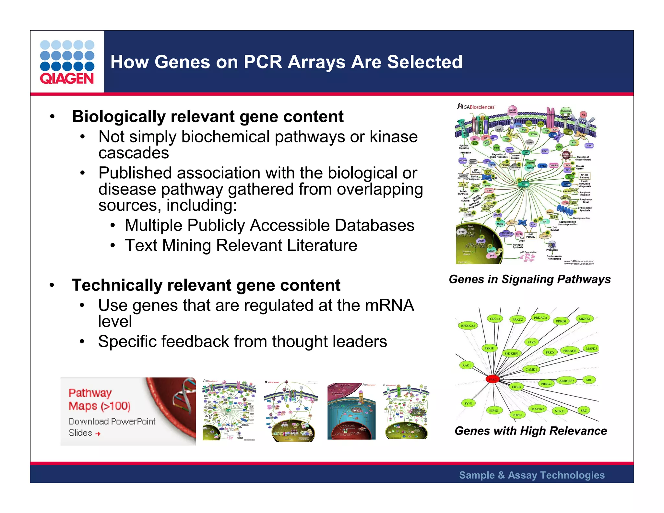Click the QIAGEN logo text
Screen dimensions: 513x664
point(67,78)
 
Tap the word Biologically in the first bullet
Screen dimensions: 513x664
point(119,117)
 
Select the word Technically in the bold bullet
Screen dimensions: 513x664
point(117,285)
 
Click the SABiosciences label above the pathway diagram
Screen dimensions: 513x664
point(479,107)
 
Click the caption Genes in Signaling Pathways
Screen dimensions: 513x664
point(529,279)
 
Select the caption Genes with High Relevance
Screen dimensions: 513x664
point(531,431)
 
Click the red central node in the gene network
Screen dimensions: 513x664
point(492,379)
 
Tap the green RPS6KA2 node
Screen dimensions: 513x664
point(468,326)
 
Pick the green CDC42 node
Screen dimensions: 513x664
point(495,319)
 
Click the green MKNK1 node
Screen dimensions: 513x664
point(585,319)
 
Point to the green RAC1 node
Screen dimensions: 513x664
point(466,365)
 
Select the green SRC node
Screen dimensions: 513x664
point(584,411)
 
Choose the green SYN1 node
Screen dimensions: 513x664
point(468,403)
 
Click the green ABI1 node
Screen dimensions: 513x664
point(589,380)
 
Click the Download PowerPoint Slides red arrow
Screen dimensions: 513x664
point(98,434)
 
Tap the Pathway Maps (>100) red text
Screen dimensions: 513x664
point(100,399)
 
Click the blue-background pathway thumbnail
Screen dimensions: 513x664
point(351,411)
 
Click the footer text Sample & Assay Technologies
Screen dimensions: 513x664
point(532,475)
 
